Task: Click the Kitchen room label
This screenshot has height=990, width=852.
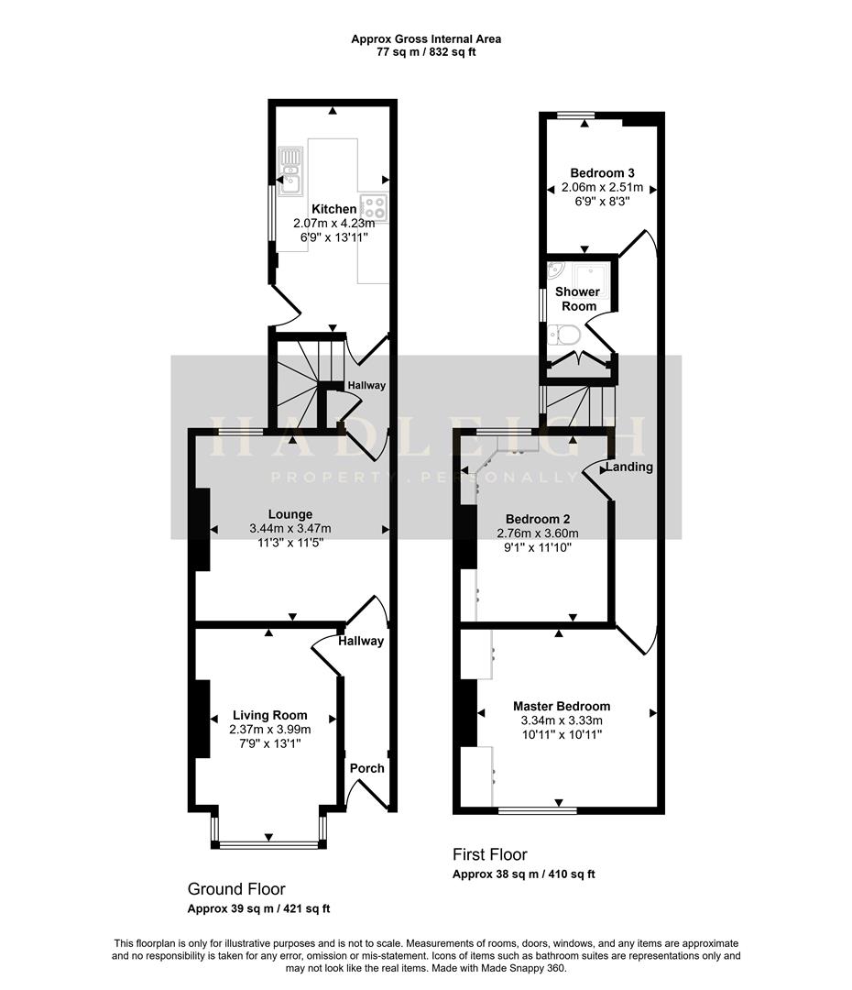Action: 333,209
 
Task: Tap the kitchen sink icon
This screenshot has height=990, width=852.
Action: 291,170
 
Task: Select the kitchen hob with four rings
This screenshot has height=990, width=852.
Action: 375,207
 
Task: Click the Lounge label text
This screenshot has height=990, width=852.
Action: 289,514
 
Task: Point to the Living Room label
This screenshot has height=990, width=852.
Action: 269,715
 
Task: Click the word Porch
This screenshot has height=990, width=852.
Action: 367,768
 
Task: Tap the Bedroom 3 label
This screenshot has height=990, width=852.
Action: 602,172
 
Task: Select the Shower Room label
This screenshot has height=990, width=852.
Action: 577,299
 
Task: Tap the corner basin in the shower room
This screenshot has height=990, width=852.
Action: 555,271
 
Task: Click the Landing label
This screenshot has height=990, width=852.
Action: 630,467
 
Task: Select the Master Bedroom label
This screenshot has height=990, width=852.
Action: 561,706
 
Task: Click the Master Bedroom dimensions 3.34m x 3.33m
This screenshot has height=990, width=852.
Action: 561,720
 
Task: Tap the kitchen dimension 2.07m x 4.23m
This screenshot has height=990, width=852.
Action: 333,223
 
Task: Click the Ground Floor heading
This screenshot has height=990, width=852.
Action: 236,889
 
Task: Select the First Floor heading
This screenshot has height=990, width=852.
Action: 490,854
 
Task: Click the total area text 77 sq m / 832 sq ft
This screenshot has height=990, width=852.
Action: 426,52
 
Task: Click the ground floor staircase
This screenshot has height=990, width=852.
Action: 298,380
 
